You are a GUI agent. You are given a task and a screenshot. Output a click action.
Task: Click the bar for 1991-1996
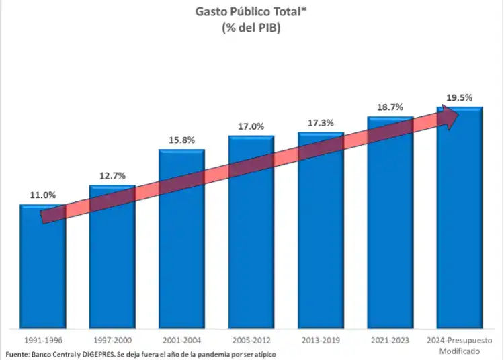pyautogui.click(x=42, y=269)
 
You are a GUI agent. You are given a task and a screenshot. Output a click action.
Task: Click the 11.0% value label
pyautogui.click(x=42, y=195)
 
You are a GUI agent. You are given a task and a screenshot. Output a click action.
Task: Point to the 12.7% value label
pyautogui.click(x=112, y=176)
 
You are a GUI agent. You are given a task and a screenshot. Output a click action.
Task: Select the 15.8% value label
pyautogui.click(x=181, y=140)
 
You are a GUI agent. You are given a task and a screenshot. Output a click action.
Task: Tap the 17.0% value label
pyautogui.click(x=251, y=126)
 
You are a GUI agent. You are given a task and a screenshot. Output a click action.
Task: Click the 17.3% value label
pyautogui.click(x=321, y=123)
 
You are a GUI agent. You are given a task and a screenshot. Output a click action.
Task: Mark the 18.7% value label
pyautogui.click(x=390, y=107)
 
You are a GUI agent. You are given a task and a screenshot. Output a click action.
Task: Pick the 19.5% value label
pyautogui.click(x=460, y=97)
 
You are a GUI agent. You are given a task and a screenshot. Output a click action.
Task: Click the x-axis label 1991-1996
pyautogui.click(x=42, y=341)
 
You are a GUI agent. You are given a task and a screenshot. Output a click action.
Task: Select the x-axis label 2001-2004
pyautogui.click(x=181, y=341)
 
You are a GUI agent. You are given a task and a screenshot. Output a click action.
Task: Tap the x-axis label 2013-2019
pyautogui.click(x=321, y=341)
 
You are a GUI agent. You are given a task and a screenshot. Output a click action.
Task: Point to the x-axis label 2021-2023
pyautogui.click(x=390, y=341)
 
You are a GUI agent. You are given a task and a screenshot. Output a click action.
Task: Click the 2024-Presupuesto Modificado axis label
pyautogui.click(x=460, y=345)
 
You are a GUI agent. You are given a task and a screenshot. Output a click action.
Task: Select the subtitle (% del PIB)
pyautogui.click(x=251, y=28)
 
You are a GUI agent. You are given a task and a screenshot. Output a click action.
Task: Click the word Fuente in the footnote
pyautogui.click(x=18, y=354)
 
